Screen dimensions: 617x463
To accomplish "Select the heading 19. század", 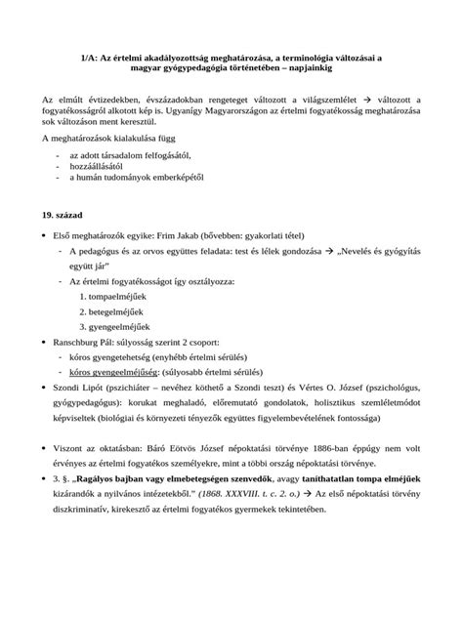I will [61, 213].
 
